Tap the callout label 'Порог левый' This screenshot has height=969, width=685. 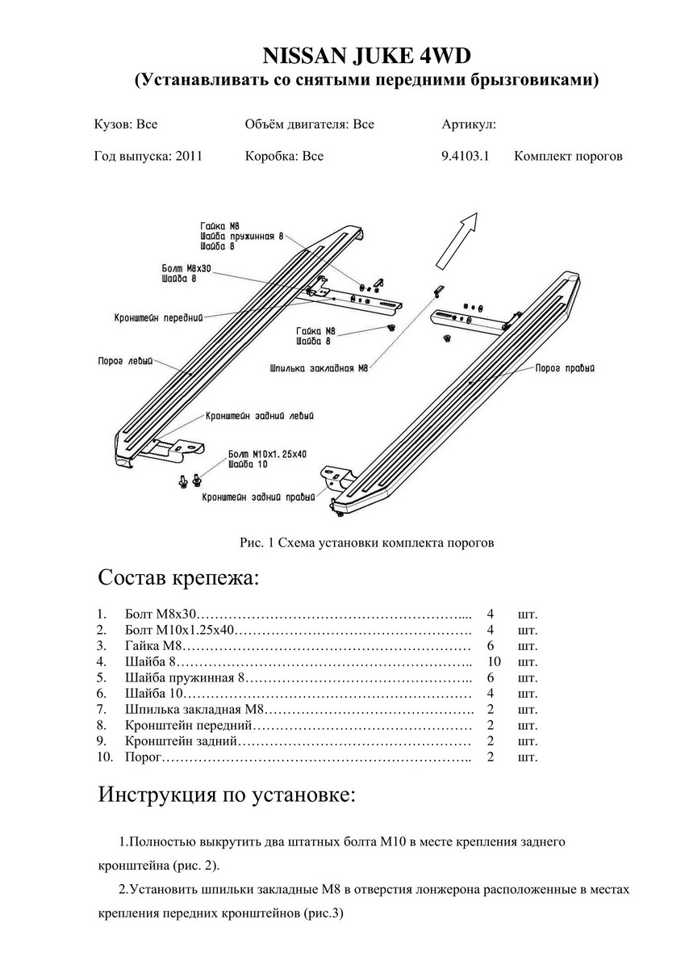click(125, 362)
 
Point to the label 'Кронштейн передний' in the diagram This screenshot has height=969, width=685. click(157, 317)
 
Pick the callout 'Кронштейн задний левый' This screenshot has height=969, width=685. click(259, 415)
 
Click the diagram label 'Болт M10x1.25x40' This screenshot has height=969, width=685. click(267, 455)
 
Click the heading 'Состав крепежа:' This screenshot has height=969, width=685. click(179, 578)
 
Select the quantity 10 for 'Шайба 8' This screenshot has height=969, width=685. click(494, 662)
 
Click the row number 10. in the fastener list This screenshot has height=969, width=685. click(105, 757)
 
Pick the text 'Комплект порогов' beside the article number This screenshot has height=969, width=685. click(568, 157)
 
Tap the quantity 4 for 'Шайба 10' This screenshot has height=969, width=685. click(491, 694)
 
